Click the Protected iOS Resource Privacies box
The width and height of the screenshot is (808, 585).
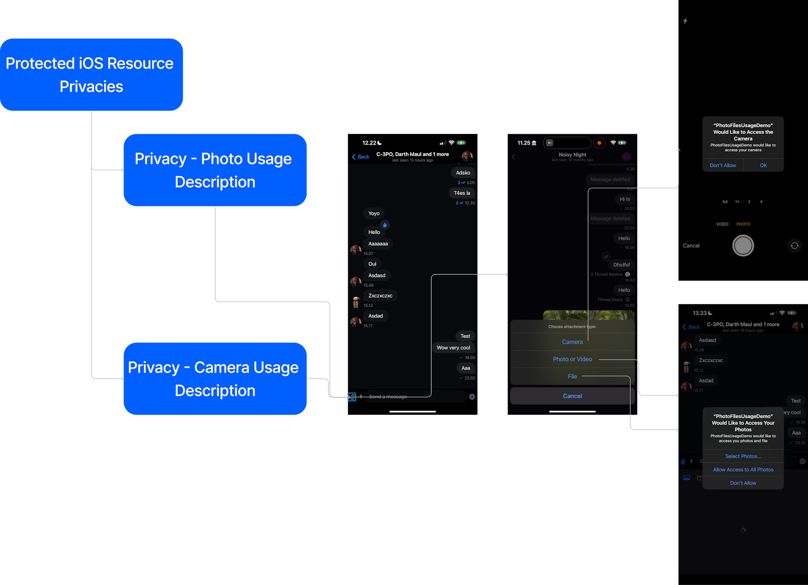coord(91,75)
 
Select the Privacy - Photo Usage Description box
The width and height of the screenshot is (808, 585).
coord(215,170)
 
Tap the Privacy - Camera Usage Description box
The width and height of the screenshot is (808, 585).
coord(215,379)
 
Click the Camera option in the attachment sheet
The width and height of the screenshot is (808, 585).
coord(572,342)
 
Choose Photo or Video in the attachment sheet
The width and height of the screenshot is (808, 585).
coord(572,359)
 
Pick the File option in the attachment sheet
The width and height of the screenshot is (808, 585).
coord(572,376)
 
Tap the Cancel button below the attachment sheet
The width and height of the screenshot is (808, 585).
coord(572,396)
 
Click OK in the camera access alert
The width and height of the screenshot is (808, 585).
coord(763,165)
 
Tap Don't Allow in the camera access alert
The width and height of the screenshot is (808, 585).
coord(723,165)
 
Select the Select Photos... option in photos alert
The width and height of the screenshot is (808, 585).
coord(743,456)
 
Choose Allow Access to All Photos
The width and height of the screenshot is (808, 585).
coord(743,470)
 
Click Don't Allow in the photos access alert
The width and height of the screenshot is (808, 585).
coord(743,483)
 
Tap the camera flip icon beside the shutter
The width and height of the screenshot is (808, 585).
coord(794,246)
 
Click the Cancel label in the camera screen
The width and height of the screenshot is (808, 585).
coord(691,246)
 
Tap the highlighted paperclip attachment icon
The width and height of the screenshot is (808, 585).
coord(352,397)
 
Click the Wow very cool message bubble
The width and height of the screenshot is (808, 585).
coord(453,348)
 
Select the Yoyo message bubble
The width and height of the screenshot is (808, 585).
coord(374,213)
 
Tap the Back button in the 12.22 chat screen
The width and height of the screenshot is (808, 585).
coord(361,157)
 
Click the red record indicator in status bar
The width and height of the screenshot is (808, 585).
coord(599,143)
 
